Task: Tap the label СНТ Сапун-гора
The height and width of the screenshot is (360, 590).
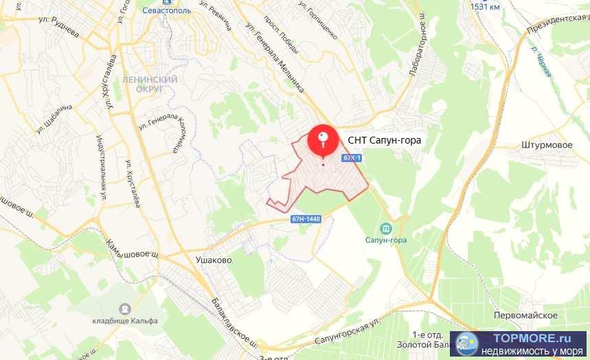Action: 385,140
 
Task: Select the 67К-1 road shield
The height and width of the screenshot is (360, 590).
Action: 352,158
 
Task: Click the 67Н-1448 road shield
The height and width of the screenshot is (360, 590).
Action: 306,218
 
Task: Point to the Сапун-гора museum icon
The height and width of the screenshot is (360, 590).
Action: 385,228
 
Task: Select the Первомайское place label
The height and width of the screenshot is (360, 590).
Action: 525,315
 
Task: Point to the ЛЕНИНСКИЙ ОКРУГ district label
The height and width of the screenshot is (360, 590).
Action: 150,84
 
